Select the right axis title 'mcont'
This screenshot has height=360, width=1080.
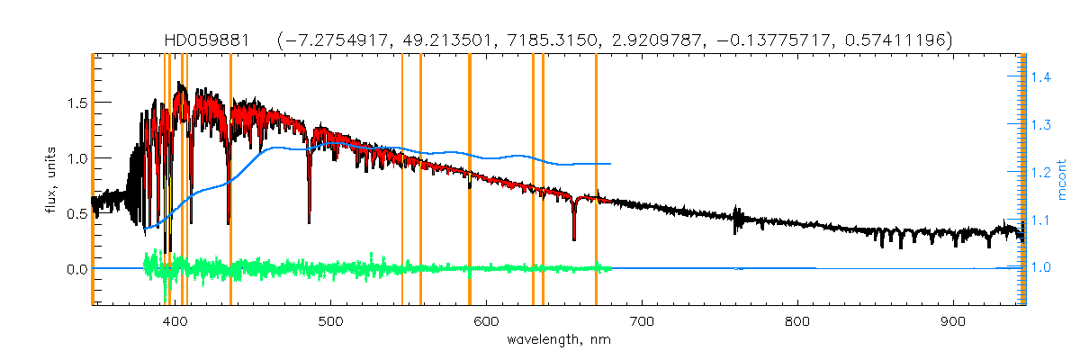point(1062,179)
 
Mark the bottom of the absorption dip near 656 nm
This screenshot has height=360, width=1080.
point(574,239)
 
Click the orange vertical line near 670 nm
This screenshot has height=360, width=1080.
point(596,180)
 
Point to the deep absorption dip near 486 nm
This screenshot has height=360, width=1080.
point(310,220)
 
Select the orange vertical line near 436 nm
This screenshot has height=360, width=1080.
point(231,180)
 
